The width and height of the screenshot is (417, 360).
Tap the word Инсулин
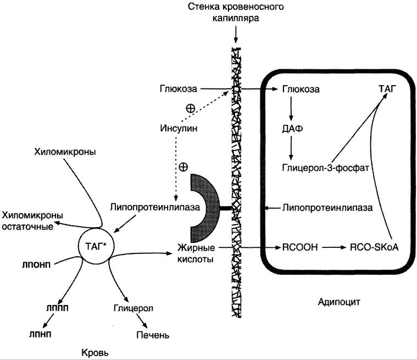(179, 128)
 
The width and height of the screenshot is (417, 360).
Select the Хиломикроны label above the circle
(65, 152)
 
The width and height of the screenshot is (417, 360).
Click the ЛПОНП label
(36, 265)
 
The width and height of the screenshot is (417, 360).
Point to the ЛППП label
(57, 308)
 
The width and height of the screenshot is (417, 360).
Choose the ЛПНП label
(40, 334)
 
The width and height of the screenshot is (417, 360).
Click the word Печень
(153, 335)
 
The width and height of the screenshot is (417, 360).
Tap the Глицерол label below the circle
(134, 308)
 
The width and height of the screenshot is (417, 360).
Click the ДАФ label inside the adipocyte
(292, 129)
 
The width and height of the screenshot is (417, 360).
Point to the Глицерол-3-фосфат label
(325, 168)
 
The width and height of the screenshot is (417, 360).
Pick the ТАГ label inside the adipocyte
(387, 89)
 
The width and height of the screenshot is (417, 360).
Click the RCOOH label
(300, 247)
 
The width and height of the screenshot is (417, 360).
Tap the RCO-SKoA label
(374, 247)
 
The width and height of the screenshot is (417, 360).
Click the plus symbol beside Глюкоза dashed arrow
(191, 108)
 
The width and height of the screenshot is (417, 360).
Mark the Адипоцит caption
(339, 302)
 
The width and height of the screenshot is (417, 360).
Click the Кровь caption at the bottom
(95, 353)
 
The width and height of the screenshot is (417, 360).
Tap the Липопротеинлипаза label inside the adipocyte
(327, 208)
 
